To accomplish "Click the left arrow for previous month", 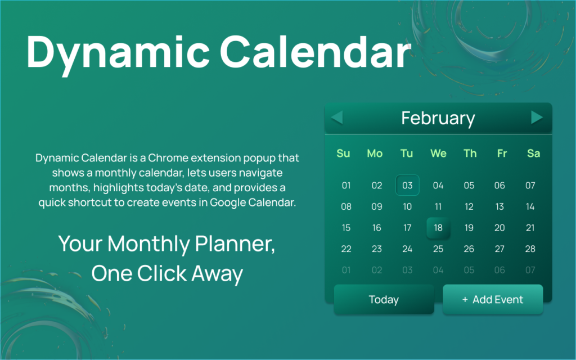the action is point(337,118).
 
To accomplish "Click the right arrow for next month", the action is point(537,118).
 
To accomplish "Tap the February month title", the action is point(438,118).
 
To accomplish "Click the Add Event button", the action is point(493,299).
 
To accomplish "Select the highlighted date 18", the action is point(438,228).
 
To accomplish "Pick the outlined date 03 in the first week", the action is point(407,185).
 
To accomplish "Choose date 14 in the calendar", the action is point(530,206).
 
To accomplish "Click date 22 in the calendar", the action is point(346,249).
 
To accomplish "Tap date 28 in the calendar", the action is point(530,249).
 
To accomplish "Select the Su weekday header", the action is point(343,153).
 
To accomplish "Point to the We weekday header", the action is point(438,153).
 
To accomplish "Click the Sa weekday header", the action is point(533,153).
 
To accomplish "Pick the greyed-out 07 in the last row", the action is point(530,270).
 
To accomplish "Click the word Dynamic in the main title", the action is point(118,52).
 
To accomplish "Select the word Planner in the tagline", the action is point(235,244).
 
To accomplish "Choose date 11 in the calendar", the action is point(438,206).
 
